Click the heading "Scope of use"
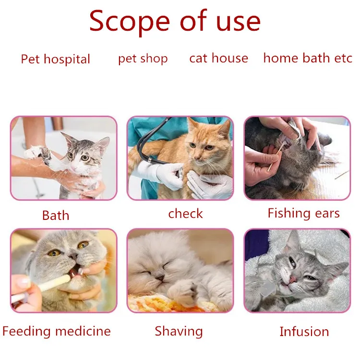pyautogui.click(x=175, y=21)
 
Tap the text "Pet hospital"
pyautogui.click(x=55, y=59)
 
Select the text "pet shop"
pyautogui.click(x=143, y=59)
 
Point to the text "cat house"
pyautogui.click(x=218, y=58)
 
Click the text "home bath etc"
pyautogui.click(x=308, y=58)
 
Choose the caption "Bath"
pyautogui.click(x=56, y=216)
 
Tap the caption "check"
pyautogui.click(x=185, y=214)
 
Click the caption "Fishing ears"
pyautogui.click(x=303, y=213)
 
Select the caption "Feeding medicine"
pyautogui.click(x=57, y=331)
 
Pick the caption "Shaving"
pyautogui.click(x=179, y=331)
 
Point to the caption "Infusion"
pyautogui.click(x=304, y=332)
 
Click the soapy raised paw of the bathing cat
pyautogui.click(x=38, y=153)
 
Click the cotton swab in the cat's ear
pyautogui.click(x=276, y=156)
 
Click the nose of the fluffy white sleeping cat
pyautogui.click(x=160, y=278)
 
